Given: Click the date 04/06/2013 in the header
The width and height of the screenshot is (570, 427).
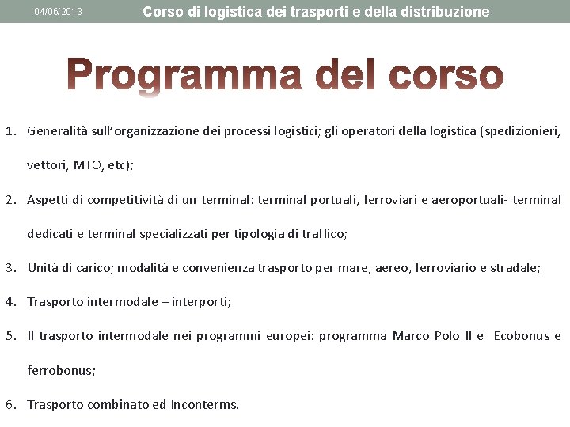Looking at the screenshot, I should pyautogui.click(x=59, y=12).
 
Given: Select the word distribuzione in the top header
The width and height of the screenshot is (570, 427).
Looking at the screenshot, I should pyautogui.click(x=449, y=12).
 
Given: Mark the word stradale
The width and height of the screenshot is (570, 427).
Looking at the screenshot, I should pyautogui.click(x=515, y=268).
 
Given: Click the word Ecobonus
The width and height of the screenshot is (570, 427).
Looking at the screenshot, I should pyautogui.click(x=522, y=336).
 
